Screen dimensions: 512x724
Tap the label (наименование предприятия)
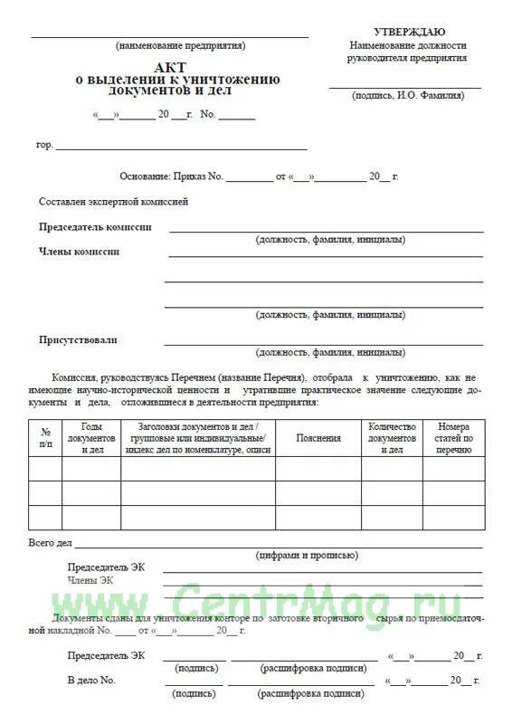click(180, 45)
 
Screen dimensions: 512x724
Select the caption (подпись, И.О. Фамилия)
click(408, 94)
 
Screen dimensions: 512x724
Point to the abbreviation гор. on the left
click(44, 145)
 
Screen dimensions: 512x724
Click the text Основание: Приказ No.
click(171, 176)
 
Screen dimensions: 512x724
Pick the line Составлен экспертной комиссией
click(113, 202)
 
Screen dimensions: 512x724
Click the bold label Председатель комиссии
click(95, 227)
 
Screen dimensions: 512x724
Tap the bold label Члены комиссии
click(79, 252)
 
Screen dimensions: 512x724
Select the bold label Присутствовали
click(78, 340)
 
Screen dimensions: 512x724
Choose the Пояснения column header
click(318, 438)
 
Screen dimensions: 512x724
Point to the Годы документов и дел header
click(91, 437)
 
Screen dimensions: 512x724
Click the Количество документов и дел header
click(391, 437)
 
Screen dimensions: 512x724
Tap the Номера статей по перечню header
click(454, 437)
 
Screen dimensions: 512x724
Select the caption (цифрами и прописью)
click(308, 556)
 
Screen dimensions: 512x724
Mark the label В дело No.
click(91, 679)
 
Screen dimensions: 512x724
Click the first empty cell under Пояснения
click(318, 469)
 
